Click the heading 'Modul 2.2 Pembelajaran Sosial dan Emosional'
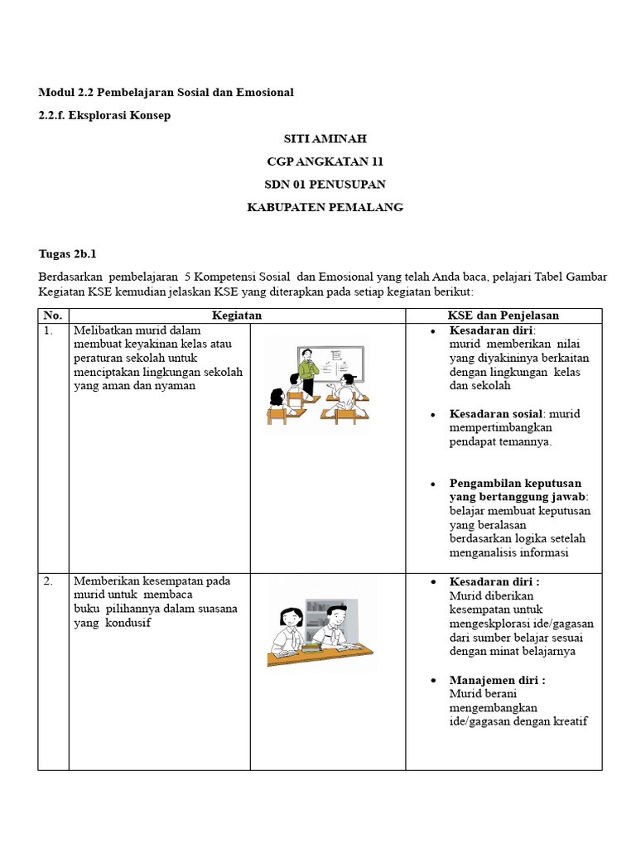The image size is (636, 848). click(166, 92)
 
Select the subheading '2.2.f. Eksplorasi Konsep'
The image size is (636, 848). click(104, 115)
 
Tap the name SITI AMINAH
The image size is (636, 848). click(325, 138)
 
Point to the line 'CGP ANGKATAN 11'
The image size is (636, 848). click(325, 161)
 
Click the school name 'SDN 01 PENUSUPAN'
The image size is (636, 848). click(325, 184)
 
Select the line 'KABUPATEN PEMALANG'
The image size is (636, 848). click(325, 207)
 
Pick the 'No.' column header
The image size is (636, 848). click(53, 316)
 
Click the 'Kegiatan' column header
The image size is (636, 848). click(237, 316)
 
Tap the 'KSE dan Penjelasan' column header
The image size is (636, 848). click(503, 316)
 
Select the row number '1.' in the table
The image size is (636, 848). click(50, 330)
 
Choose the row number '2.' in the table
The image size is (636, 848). click(50, 581)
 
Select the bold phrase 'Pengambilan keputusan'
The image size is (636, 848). click(515, 483)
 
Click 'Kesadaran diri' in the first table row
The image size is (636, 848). click(491, 330)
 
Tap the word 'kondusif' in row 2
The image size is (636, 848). click(129, 624)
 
